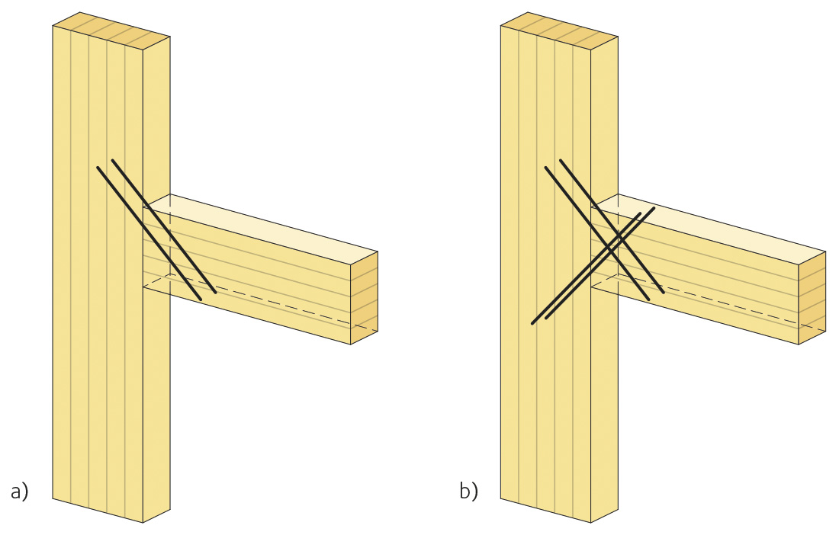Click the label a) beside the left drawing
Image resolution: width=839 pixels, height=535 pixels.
19,492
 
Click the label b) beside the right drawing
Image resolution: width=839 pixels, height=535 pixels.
468,492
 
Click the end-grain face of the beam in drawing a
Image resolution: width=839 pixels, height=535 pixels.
364,298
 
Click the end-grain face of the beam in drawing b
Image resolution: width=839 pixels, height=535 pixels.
812,298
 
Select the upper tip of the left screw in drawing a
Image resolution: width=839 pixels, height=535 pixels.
98,167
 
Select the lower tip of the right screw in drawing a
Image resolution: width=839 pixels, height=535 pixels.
216,293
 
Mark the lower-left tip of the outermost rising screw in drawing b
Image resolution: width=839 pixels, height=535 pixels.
532,325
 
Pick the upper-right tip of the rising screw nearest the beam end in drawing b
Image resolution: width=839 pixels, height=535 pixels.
654,207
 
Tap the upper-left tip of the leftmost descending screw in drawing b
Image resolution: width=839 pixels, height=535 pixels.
545,167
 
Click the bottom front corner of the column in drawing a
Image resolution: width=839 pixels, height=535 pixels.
143,523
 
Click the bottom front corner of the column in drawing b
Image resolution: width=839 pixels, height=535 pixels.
590,523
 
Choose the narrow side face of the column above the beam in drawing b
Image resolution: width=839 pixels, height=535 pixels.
604,114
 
